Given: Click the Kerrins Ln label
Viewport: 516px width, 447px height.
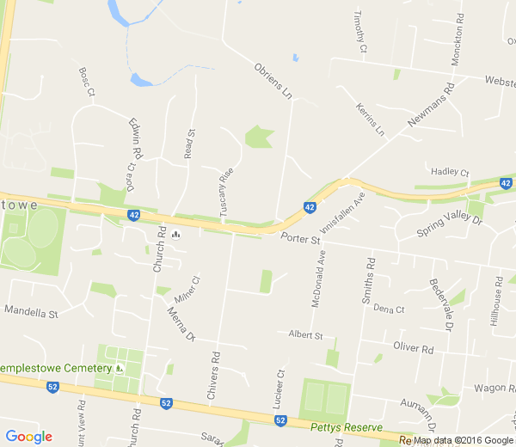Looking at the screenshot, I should coord(371,119).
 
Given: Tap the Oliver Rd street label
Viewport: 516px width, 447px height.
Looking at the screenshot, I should coord(413,348).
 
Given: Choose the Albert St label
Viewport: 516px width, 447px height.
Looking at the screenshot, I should coord(305,334).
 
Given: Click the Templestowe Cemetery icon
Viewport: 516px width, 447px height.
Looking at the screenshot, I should coord(119,368).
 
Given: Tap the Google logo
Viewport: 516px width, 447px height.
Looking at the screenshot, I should coord(28,437).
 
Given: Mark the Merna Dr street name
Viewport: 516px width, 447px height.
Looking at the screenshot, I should coord(182,324).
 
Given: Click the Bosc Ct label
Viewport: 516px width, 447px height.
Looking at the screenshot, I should coord(87,82).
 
